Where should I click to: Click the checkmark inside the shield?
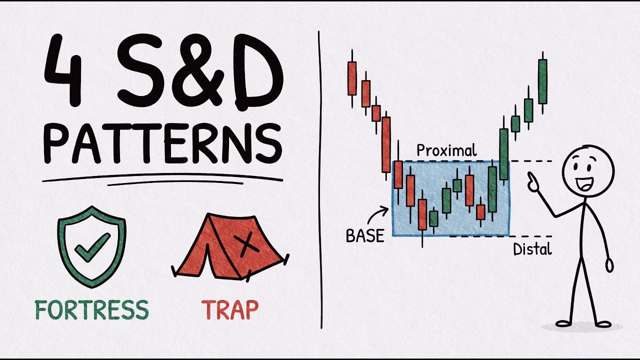tap(92, 247)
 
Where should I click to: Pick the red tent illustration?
tap(230, 247)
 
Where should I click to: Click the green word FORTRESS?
tap(92, 310)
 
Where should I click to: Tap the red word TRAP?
tap(230, 310)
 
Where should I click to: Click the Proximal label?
tap(446, 150)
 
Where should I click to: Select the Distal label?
tap(532, 249)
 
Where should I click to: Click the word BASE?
tap(365, 236)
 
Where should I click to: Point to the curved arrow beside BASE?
tap(377, 215)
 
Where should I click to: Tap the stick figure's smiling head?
tap(588, 173)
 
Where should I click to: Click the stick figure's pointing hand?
tap(532, 182)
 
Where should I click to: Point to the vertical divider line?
tap(320, 180)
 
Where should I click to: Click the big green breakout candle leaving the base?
tap(503, 154)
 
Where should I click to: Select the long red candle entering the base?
tap(386, 145)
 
